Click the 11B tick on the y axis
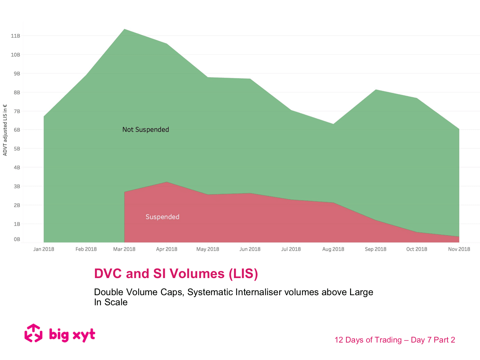coord(15,36)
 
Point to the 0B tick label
coord(17,239)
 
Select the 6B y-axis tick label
coord(17,130)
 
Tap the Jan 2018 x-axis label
coord(44,249)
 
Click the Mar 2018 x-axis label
coord(124,249)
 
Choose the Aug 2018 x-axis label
coord(333,249)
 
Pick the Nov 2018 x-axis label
coord(459,249)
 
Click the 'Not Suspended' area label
coord(145,130)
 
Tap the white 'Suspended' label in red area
coord(162,217)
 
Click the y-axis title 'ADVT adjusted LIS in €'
coord(5,130)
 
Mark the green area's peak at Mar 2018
coord(125,30)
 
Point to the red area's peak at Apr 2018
coord(167,182)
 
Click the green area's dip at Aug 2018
coord(333,124)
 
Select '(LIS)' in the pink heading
coord(243,274)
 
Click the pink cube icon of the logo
coord(34,333)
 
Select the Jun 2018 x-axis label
coord(250,249)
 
